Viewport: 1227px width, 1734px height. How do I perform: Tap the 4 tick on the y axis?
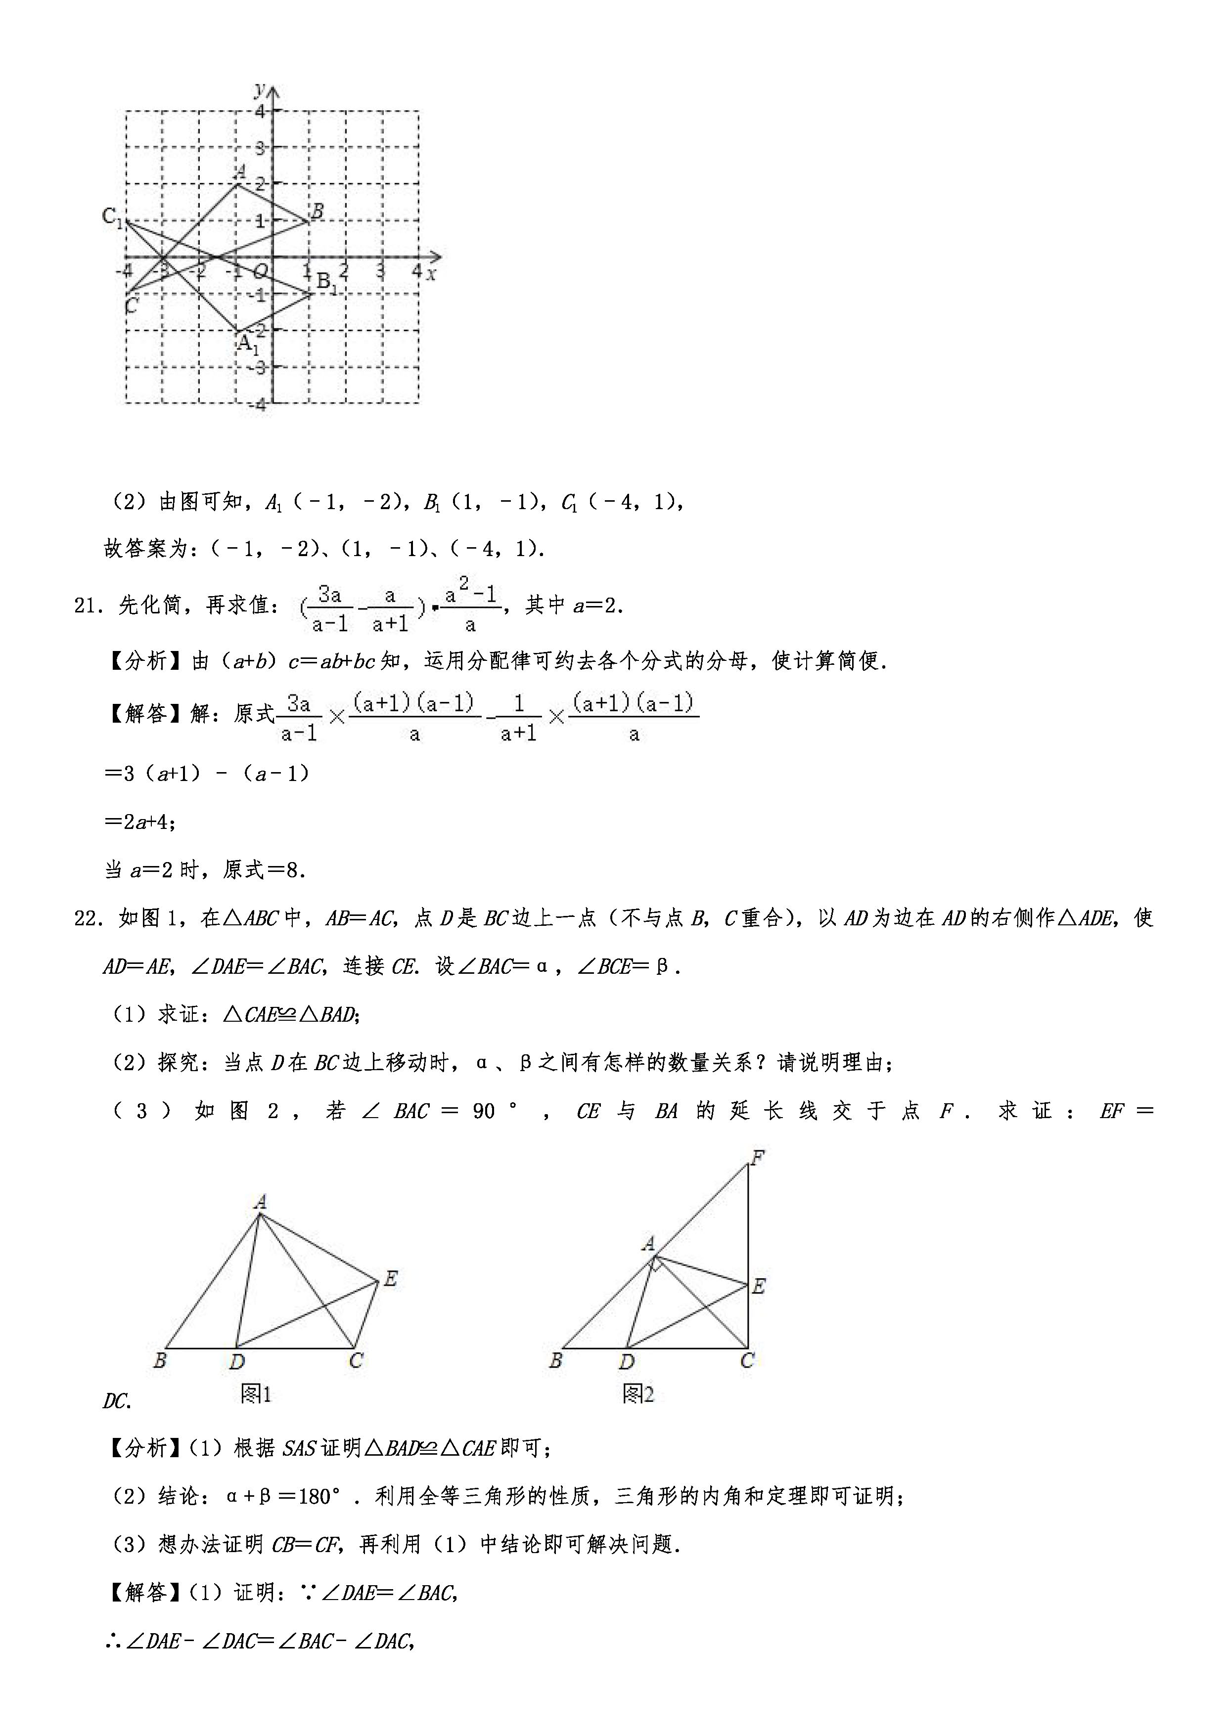(261, 112)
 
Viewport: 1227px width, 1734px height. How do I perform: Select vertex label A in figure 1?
(261, 1201)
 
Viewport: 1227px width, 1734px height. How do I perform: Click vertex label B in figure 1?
(159, 1361)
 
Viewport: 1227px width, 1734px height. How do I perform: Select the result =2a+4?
(140, 822)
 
